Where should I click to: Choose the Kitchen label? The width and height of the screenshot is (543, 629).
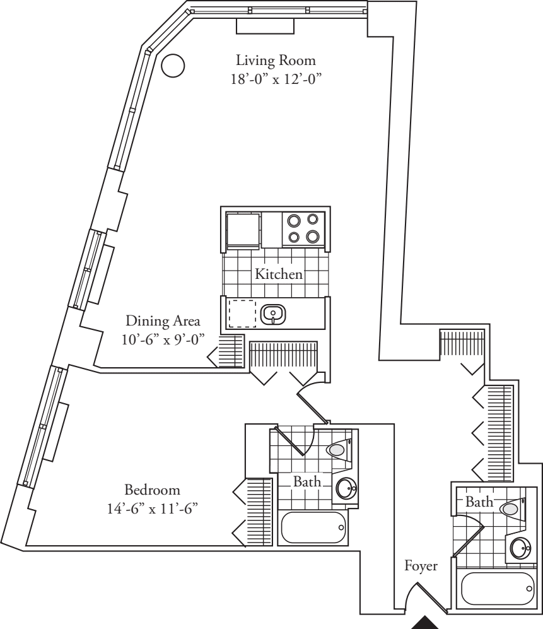[x=278, y=274]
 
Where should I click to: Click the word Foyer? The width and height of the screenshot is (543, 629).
[x=421, y=567]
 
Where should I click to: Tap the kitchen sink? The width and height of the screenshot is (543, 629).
[x=273, y=314]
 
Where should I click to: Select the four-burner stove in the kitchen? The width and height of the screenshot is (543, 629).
[x=302, y=228]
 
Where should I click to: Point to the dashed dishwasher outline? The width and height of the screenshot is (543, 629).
[x=242, y=313]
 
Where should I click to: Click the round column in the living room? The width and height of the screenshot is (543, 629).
[x=173, y=65]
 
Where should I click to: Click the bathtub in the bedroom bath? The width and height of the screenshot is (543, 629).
[x=314, y=526]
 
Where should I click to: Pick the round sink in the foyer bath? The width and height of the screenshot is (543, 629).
[x=522, y=548]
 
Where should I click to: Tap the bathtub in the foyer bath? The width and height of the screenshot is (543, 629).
[x=498, y=588]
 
